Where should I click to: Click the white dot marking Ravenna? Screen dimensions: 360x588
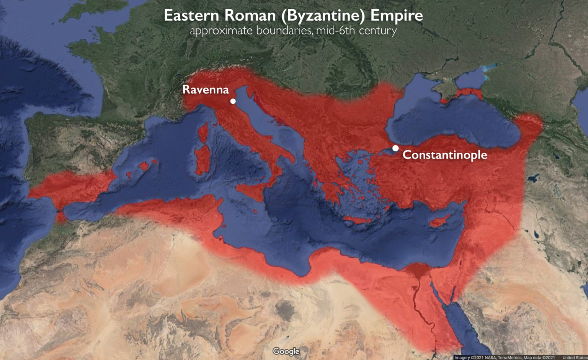233,101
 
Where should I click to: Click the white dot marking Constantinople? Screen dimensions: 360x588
395,148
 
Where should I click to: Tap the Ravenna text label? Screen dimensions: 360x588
206,90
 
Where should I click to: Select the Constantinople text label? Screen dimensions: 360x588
445,155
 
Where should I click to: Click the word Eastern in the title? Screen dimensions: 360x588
191,16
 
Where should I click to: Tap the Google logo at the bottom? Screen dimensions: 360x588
286,351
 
